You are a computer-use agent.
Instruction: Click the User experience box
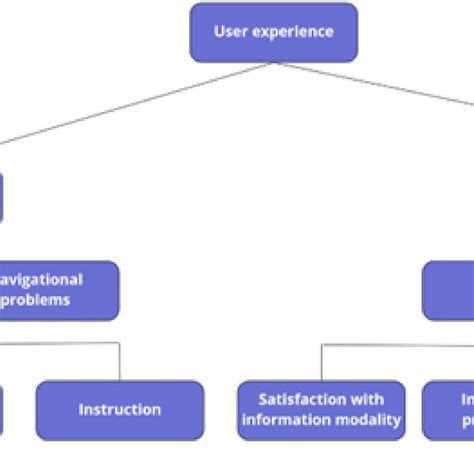point(273,32)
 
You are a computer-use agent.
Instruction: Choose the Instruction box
point(120,410)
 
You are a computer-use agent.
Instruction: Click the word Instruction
point(120,410)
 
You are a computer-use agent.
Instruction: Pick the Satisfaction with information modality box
point(321,410)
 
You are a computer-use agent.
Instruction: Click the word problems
point(36,299)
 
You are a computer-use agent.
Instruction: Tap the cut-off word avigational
point(42,280)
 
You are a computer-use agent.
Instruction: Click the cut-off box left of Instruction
point(4,410)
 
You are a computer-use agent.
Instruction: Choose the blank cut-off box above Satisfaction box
point(448,290)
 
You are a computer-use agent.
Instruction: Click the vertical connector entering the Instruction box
point(120,362)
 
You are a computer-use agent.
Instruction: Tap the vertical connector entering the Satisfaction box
point(321,362)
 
